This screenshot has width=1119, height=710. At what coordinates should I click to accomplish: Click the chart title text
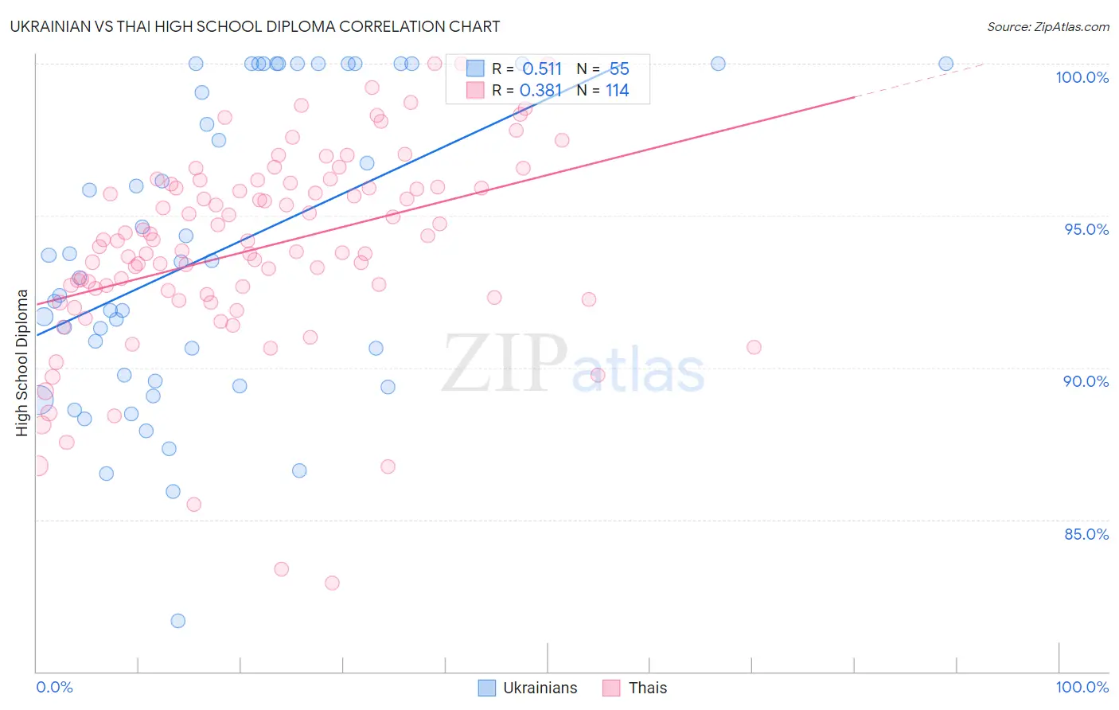255,26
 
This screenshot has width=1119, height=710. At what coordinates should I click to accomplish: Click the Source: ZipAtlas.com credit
1047,26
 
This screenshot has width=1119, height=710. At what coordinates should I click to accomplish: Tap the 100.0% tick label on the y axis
1082,77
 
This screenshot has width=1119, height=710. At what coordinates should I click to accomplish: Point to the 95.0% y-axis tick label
1086,229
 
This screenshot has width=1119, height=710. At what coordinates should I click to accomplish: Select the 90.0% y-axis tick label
1086,381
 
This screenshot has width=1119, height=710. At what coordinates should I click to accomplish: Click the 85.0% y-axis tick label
1086,534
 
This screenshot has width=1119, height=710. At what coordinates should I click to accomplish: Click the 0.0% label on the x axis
54,687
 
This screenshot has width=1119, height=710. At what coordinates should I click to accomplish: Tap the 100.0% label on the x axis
1082,687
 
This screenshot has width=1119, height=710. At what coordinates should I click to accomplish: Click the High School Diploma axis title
21,362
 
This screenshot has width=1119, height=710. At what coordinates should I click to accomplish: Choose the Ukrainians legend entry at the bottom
528,688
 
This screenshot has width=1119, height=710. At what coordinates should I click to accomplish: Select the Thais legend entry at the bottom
635,688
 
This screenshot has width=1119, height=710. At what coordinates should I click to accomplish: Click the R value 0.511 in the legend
542,69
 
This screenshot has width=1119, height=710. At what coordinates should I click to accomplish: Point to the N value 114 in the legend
617,91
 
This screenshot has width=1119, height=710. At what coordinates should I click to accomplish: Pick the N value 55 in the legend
619,69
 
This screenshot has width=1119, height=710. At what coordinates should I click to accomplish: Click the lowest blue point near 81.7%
178,621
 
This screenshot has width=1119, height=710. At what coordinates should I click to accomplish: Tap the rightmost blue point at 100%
945,64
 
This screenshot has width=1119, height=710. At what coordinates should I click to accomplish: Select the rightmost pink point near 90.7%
754,347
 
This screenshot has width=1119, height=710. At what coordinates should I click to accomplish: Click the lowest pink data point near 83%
332,583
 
